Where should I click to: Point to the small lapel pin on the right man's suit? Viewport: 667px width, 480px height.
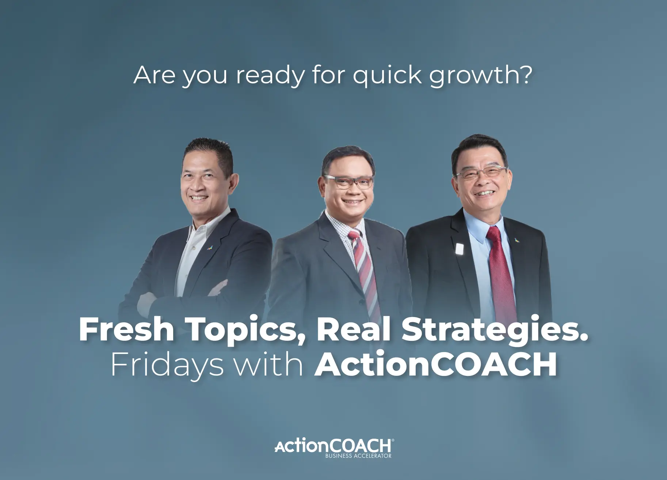pos(516,240)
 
